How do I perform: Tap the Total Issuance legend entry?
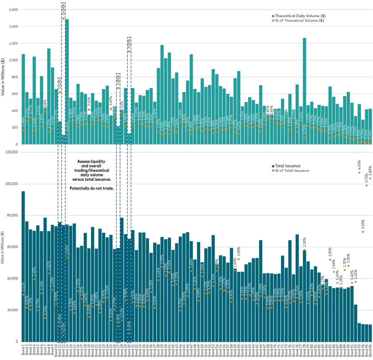point(288,166)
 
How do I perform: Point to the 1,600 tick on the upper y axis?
point(12,10)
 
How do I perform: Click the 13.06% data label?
point(63,9)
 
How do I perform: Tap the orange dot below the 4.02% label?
point(359,172)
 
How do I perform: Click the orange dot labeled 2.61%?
point(363,232)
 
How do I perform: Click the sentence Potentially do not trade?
point(91,189)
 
